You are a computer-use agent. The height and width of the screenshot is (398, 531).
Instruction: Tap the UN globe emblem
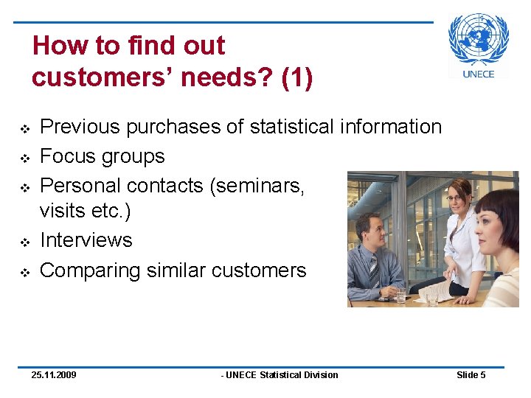479,38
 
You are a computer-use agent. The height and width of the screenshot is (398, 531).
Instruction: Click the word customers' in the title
91,77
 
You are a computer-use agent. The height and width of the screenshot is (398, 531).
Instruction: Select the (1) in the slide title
296,77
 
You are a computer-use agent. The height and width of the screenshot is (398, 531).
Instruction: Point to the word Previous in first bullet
79,127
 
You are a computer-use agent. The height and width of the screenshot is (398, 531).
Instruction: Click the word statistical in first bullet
292,127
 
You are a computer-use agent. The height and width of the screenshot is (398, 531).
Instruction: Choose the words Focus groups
102,156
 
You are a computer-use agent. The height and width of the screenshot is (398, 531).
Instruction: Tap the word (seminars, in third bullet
257,186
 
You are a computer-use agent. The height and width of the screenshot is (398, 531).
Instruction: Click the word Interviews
86,240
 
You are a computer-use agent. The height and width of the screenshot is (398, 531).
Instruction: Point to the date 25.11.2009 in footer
54,375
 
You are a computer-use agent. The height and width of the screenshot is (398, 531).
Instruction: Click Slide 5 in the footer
471,375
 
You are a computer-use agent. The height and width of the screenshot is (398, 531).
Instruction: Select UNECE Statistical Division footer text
280,375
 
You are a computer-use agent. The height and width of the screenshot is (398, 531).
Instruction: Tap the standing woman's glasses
455,198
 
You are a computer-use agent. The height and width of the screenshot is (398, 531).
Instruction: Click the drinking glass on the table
400,295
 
